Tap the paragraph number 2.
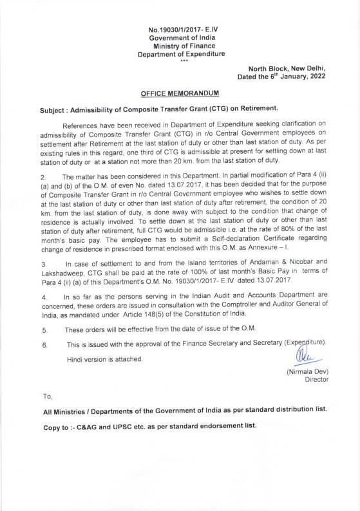tap(43, 176)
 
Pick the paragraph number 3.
tap(43, 264)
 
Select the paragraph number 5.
tap(43, 330)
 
